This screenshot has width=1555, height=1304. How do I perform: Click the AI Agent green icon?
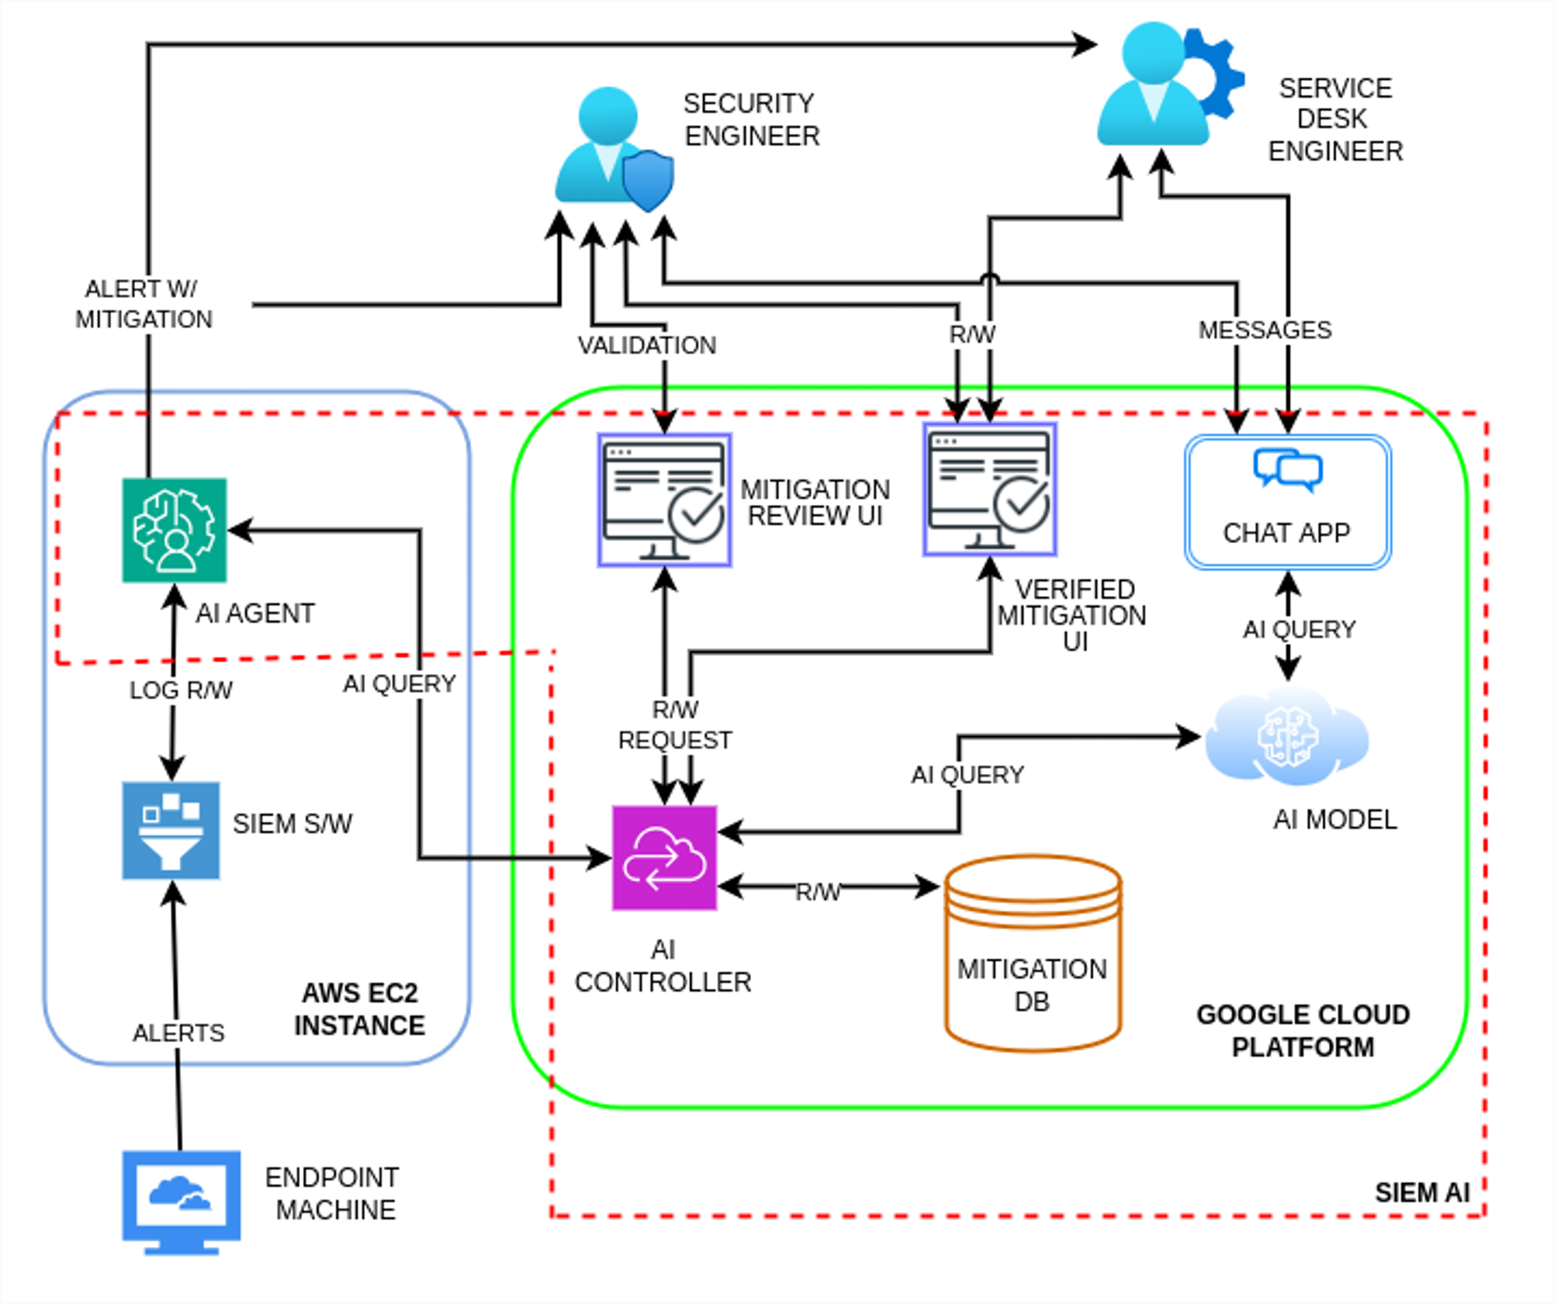(174, 530)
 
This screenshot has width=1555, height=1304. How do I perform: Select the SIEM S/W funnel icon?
(171, 831)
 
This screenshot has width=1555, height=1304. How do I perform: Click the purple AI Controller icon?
(664, 858)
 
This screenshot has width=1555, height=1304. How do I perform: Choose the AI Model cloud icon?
(1287, 737)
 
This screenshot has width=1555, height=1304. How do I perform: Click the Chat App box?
(1288, 502)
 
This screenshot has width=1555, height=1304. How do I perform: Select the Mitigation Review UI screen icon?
(664, 501)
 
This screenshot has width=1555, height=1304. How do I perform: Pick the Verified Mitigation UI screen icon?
(989, 489)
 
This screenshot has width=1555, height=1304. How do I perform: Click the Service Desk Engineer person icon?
(1153, 86)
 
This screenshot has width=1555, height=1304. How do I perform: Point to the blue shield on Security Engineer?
(648, 180)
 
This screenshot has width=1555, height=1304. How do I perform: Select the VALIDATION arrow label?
(647, 346)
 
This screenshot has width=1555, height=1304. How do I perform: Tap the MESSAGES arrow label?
(1265, 330)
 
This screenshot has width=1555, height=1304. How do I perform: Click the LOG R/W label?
(180, 690)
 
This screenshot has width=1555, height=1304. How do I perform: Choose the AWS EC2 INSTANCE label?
(360, 1009)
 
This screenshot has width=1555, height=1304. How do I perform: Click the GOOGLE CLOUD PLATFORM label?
(1303, 1030)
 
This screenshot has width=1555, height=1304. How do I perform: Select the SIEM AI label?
(1422, 1193)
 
